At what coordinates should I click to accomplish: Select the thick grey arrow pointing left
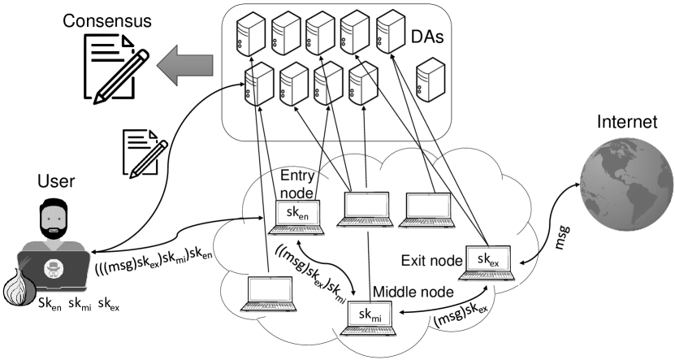[185, 64]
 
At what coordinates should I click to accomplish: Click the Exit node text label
[431, 262]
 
